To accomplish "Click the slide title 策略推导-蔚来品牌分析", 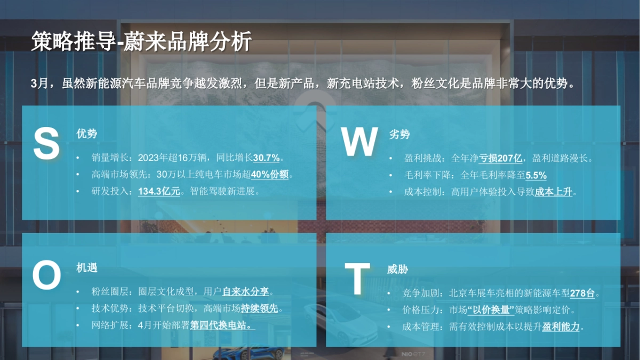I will [141, 42].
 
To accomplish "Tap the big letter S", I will [46, 144].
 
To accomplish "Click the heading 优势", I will [87, 134].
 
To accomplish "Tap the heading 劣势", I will [399, 134].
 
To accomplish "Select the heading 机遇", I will [87, 268].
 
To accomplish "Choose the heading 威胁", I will [397, 269].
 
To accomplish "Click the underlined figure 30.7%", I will [266, 158].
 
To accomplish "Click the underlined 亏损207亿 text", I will [500, 158].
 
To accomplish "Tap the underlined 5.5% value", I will [536, 175].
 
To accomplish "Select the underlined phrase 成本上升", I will [553, 191].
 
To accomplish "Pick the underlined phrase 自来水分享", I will [246, 292].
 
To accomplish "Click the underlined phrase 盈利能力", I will [561, 326].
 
